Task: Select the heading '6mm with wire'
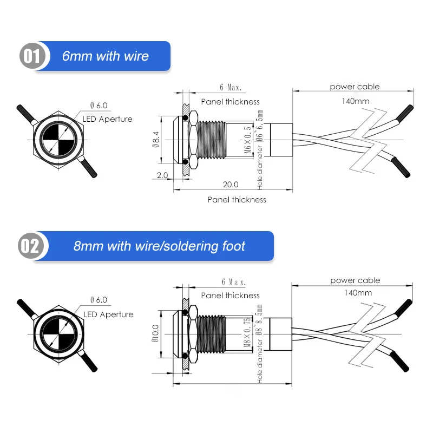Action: (105, 56)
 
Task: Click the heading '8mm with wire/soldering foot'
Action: (159, 246)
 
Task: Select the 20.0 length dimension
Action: (231, 184)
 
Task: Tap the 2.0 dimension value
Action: (162, 175)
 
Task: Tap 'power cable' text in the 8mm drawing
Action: (355, 280)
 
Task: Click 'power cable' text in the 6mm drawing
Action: (355, 87)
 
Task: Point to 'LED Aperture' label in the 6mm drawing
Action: (107, 119)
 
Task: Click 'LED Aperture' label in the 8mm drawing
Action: (108, 314)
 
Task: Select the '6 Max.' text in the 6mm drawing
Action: (231, 87)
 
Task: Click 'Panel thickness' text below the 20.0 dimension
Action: (237, 200)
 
